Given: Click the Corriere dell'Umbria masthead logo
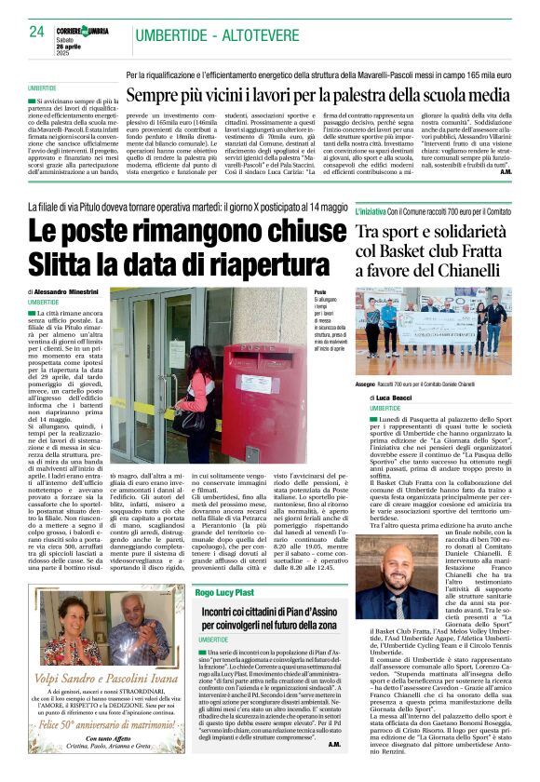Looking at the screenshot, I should [x=86, y=31].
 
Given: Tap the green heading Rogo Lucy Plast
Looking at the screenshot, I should [x=226, y=591].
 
